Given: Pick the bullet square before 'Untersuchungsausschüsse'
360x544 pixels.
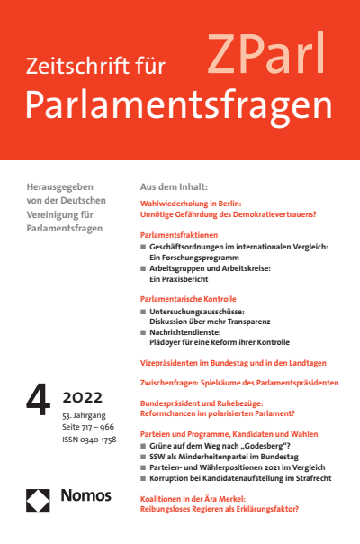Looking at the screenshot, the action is tap(144, 310).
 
